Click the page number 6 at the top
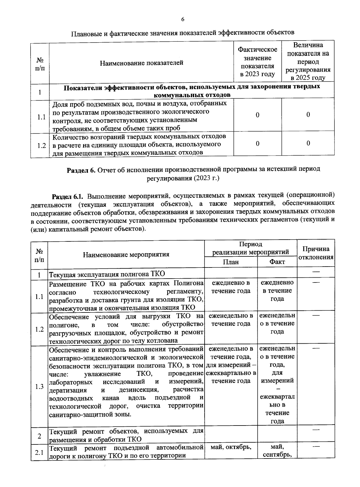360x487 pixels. pos(182,19)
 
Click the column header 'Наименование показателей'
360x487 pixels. pos(141,63)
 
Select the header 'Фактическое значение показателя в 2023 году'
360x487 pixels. pos(257,62)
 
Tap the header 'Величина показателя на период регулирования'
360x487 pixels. pos(308,61)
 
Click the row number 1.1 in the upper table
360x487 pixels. pos(41,117)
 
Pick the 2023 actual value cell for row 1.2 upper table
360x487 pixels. pos(257,144)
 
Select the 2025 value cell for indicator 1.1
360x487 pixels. pos(308,115)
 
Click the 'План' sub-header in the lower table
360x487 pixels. pos(231,262)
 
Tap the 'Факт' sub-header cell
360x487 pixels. pos(277,262)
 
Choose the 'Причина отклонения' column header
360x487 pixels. pos(316,253)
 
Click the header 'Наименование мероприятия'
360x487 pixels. pos(126,255)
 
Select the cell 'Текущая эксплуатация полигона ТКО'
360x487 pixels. pos(107,274)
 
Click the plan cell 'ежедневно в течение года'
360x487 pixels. pos(231,287)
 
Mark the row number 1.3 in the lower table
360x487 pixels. pos(39,387)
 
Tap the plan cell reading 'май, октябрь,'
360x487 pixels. pos(231,447)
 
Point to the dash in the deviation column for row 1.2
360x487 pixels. pos(316,315)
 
